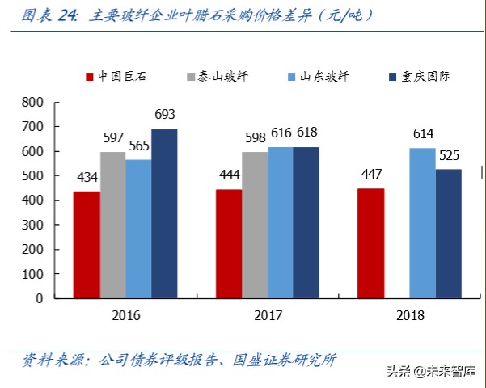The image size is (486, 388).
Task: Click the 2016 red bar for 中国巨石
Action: [87, 244]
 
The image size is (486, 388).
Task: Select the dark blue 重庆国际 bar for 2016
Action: [164, 213]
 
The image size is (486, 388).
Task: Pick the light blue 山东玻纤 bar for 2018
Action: [422, 222]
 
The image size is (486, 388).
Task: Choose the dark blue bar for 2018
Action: [448, 234]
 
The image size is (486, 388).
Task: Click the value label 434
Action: [87, 178]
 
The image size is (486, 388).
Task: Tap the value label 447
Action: [371, 175]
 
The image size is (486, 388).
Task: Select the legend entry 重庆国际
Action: [424, 78]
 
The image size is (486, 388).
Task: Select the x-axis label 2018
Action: [410, 315]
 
